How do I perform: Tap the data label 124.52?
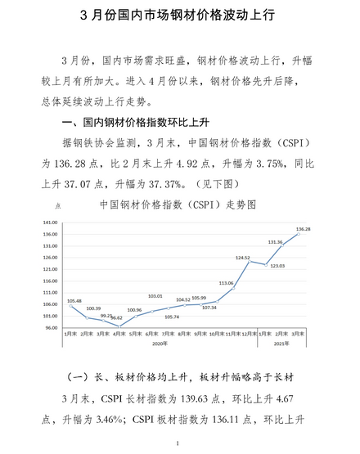[242, 258]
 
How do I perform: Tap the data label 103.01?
[155, 295]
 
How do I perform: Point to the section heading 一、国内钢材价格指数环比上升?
[152, 122]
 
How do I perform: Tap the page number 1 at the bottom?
[178, 443]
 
